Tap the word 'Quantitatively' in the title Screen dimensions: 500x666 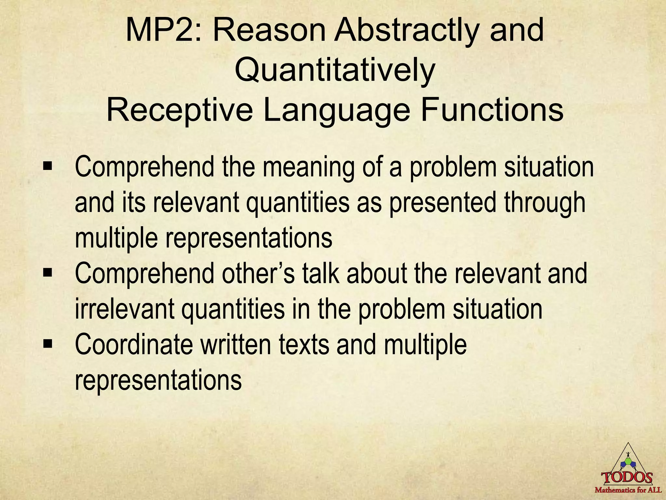335,71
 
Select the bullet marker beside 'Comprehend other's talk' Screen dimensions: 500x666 47,274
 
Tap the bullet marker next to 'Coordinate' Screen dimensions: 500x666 47,344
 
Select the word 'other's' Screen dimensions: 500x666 259,274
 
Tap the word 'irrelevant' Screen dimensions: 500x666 125,309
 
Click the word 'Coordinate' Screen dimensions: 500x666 134,344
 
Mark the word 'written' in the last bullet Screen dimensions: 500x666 236,344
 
